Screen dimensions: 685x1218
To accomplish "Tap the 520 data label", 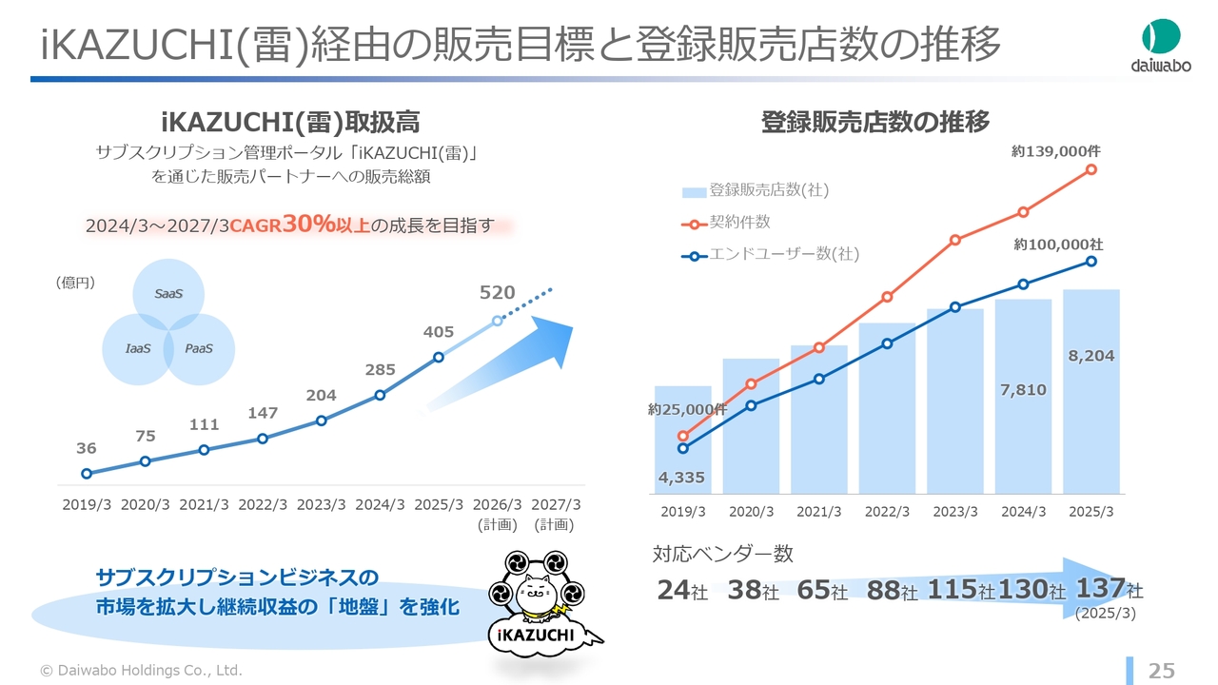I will (497, 293).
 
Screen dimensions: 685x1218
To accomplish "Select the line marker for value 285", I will (380, 395).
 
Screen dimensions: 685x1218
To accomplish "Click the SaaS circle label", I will (168, 294).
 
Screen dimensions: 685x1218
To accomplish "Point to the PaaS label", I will (199, 349).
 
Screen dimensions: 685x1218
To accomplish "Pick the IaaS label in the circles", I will (138, 349).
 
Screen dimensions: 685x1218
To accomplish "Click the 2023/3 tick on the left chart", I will (321, 504).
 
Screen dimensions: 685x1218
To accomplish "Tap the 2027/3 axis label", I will (556, 504).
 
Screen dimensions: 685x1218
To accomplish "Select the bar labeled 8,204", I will (1090, 390).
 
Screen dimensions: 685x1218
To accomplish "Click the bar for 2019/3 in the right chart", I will (683, 438).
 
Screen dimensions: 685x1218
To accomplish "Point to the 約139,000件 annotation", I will (1055, 150).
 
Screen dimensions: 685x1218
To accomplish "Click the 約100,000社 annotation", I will (1058, 245).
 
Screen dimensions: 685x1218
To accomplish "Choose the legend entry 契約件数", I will (739, 223).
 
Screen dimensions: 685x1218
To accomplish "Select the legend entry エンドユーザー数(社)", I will (783, 254).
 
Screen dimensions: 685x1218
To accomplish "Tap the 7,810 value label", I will (1023, 389).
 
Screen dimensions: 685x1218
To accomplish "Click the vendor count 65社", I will (822, 591).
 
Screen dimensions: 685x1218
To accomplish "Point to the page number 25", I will (1162, 671).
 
